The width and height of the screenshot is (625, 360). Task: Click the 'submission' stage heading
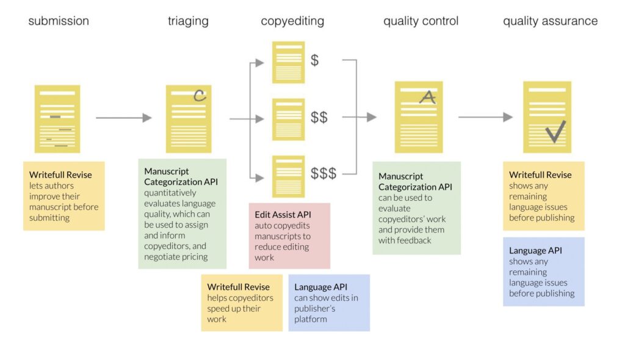(x=59, y=21)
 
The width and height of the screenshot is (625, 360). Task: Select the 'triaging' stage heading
(x=188, y=21)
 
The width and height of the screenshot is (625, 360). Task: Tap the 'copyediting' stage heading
(x=292, y=21)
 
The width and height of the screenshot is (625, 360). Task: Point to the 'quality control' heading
(x=421, y=21)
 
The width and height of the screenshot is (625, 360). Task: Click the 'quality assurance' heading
(x=551, y=21)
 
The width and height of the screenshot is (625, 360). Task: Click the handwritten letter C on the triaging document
(x=200, y=95)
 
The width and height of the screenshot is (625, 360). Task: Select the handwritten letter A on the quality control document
(x=428, y=97)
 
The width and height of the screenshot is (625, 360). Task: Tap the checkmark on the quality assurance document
(x=555, y=132)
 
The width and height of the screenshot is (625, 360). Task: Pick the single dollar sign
(x=314, y=60)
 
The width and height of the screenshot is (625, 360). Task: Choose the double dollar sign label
(x=319, y=117)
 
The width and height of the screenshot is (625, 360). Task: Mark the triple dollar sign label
(x=323, y=173)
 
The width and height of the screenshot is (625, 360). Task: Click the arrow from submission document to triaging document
(x=124, y=118)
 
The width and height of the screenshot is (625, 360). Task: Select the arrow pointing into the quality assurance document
(x=485, y=117)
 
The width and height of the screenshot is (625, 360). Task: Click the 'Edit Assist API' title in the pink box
(x=283, y=215)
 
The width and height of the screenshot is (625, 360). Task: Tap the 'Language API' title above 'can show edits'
(x=320, y=287)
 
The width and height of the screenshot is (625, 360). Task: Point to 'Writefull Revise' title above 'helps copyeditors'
(x=239, y=287)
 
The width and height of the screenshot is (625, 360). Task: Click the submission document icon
(x=57, y=119)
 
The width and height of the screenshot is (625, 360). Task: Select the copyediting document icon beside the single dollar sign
(x=289, y=62)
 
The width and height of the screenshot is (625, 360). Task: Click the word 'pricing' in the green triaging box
(x=193, y=257)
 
